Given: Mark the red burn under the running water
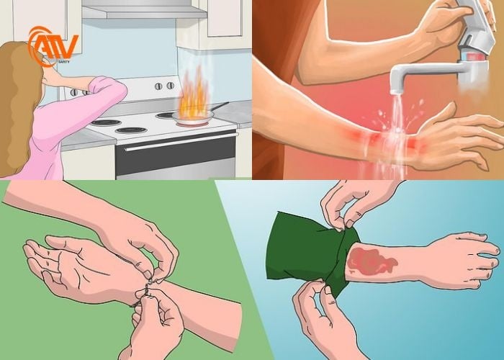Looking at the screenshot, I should pyautogui.click(x=374, y=140).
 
